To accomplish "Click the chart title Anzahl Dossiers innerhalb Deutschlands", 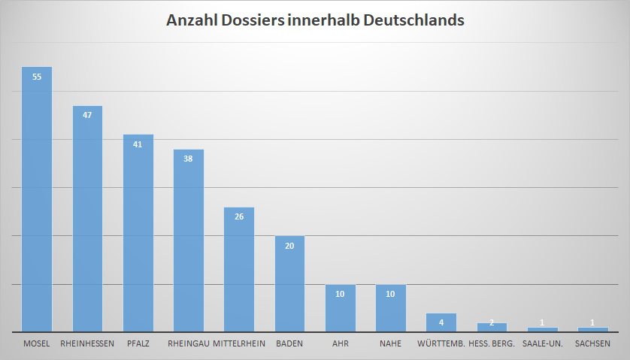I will coord(315,20).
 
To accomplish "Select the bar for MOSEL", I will coord(37,203).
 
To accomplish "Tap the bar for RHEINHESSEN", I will coord(87,222).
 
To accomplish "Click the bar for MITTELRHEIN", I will coord(239,271).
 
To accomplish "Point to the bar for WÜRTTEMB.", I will coord(441,323).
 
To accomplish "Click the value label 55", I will coord(37,76).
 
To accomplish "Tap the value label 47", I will coord(87,115).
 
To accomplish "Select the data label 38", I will coord(189,159).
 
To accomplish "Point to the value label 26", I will coord(239,216).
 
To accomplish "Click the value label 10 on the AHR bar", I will coord(340,294).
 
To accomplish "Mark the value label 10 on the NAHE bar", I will coord(391,294).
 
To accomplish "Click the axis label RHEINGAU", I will coord(189,344).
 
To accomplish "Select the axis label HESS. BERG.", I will coord(492,344).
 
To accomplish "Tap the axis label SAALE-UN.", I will coord(542,344).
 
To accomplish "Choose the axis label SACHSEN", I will coord(592,344).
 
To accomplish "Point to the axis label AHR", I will coord(340,344).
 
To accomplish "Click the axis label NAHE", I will coord(391,344).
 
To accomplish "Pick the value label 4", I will coord(441,322).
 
